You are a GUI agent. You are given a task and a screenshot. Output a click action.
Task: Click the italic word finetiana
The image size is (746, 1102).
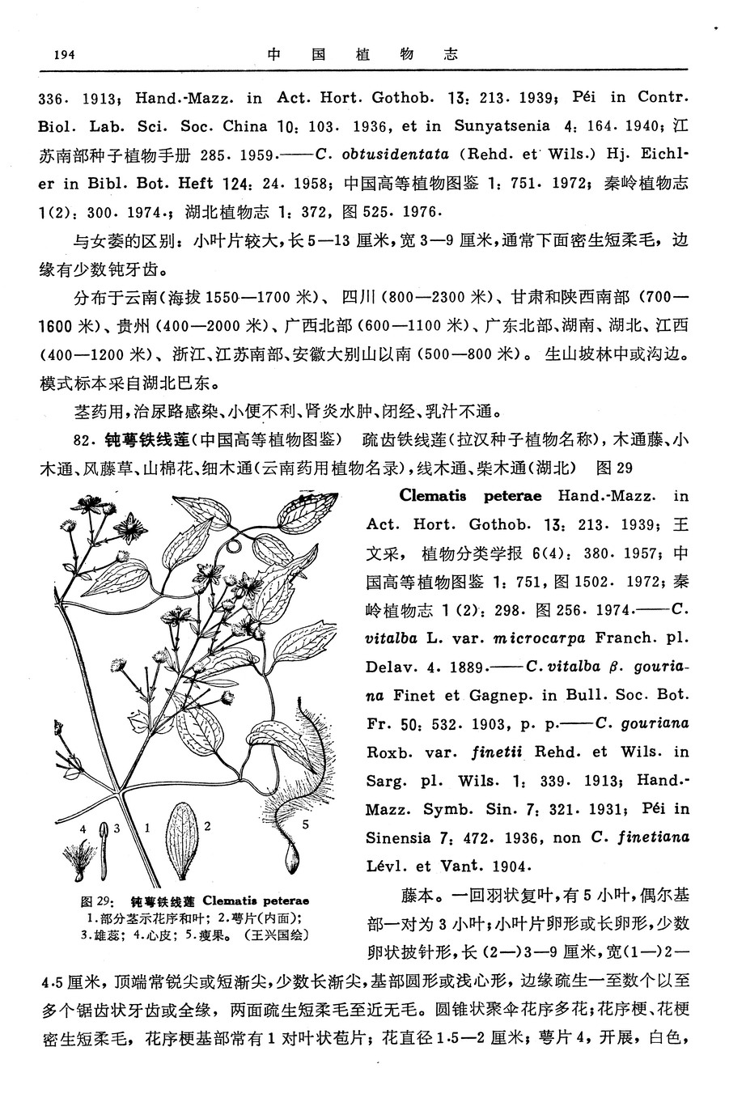(x=650, y=837)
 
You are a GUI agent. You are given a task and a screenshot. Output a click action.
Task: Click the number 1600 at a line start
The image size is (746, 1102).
(x=57, y=326)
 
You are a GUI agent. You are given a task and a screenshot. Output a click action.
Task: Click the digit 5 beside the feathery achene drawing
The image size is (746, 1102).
(x=305, y=825)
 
